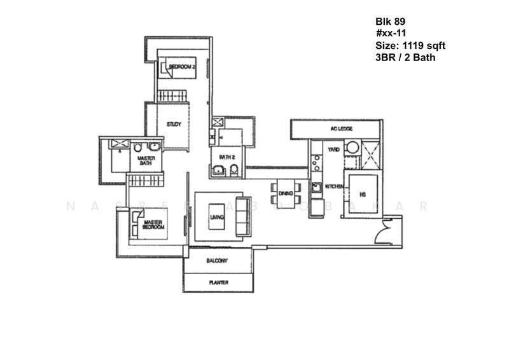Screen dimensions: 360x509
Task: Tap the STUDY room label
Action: pos(174,125)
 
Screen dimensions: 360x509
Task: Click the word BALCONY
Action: pos(217,261)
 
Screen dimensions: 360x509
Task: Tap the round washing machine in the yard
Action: pos(352,148)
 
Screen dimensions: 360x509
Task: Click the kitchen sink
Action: pos(316,187)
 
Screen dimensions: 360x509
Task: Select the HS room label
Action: pos(363,195)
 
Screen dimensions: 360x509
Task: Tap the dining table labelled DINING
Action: pos(286,195)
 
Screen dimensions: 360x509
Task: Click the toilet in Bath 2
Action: pos(234,169)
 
